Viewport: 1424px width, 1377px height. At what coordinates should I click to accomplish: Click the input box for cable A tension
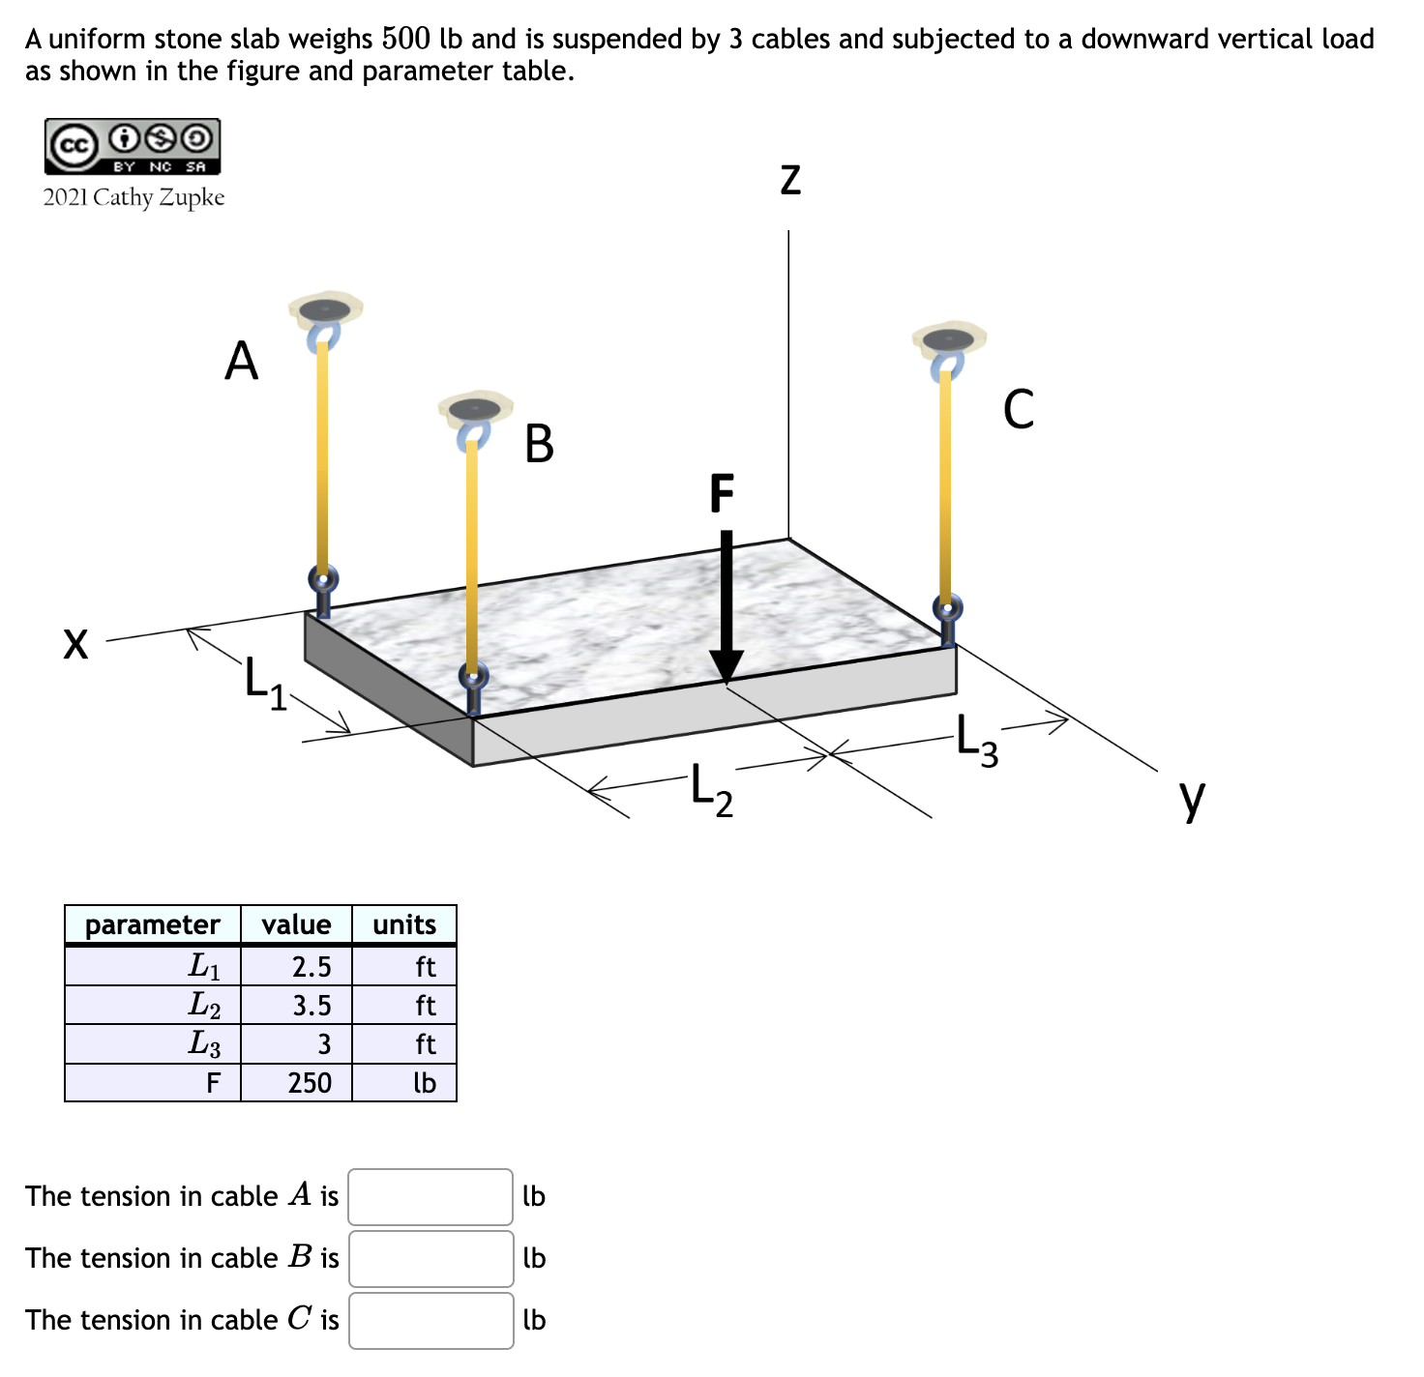click(x=430, y=1196)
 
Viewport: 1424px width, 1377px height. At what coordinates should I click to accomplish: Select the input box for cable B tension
click(x=430, y=1258)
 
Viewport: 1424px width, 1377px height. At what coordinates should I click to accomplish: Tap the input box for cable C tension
click(x=430, y=1320)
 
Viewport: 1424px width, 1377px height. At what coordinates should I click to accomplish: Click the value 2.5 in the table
click(x=311, y=966)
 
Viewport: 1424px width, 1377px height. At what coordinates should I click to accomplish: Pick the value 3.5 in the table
click(x=311, y=1006)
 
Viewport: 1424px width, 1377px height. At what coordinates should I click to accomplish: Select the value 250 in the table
click(x=310, y=1082)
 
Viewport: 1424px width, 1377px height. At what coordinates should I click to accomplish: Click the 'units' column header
click(x=404, y=924)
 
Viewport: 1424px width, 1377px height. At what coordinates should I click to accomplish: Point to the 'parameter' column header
click(x=152, y=924)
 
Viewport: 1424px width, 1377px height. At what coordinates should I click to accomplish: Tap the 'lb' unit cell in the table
click(x=424, y=1082)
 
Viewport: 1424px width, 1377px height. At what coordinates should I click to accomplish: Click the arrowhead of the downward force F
click(x=727, y=666)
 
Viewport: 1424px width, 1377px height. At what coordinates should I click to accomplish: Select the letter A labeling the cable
click(x=242, y=362)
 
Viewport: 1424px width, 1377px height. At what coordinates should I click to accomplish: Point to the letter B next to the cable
click(x=539, y=444)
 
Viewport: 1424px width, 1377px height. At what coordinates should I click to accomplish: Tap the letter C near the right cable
click(x=1019, y=409)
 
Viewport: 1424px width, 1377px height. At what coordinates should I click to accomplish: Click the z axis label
click(x=790, y=180)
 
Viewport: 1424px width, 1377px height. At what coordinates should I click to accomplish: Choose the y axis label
click(x=1193, y=798)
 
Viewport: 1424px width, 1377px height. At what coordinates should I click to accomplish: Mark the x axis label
click(x=75, y=643)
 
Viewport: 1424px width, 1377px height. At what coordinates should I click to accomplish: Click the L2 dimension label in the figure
click(x=712, y=789)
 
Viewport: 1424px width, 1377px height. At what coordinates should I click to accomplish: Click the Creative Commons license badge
click(x=133, y=146)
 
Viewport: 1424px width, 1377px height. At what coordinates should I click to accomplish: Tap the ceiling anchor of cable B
click(x=475, y=408)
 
